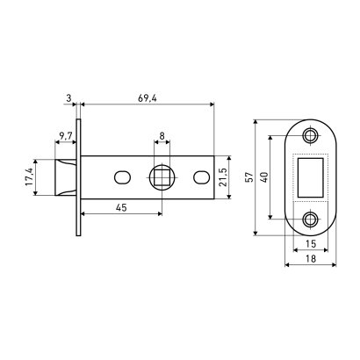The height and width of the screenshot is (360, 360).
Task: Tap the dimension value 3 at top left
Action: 68,97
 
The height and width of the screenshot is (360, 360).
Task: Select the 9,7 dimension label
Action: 66,136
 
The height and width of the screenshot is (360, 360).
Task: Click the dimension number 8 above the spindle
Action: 161,135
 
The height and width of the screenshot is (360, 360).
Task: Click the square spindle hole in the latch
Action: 161,178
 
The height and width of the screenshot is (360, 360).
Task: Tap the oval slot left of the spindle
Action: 120,178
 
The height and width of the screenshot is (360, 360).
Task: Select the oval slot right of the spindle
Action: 201,178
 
